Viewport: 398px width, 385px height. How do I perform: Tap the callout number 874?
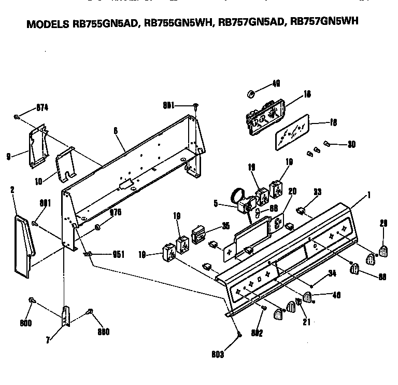(42, 108)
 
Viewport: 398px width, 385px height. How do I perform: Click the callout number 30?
(352, 144)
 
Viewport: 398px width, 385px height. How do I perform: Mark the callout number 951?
(119, 254)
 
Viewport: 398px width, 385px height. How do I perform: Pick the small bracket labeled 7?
(65, 317)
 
